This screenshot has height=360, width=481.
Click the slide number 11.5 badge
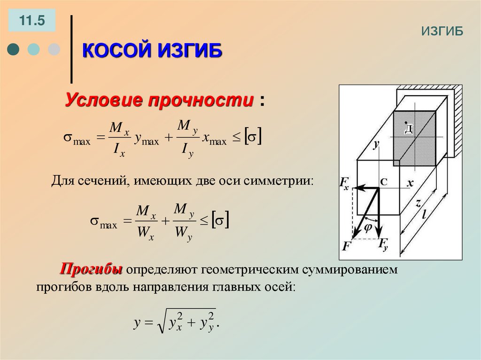(31, 21)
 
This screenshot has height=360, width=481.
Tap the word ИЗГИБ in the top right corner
(442, 31)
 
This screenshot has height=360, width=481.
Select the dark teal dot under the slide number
(14, 49)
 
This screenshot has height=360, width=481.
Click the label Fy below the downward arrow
(383, 244)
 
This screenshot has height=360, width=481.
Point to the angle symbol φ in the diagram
(368, 228)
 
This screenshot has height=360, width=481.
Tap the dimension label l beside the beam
(424, 214)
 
